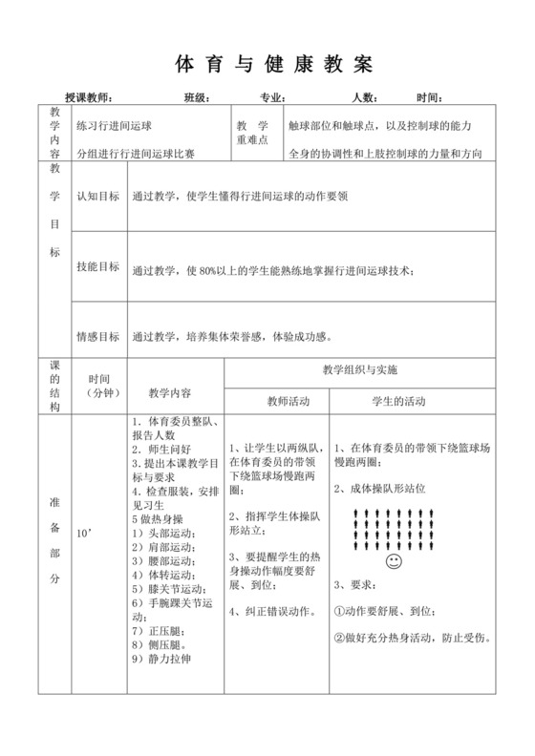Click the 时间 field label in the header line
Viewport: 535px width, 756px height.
point(431,98)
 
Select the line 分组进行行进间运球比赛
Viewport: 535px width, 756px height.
point(135,152)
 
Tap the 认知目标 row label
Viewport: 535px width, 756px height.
point(97,197)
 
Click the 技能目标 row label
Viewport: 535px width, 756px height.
point(97,267)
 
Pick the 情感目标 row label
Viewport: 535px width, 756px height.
point(97,336)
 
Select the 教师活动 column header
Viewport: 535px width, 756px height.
point(276,402)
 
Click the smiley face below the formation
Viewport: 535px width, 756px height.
point(394,565)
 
